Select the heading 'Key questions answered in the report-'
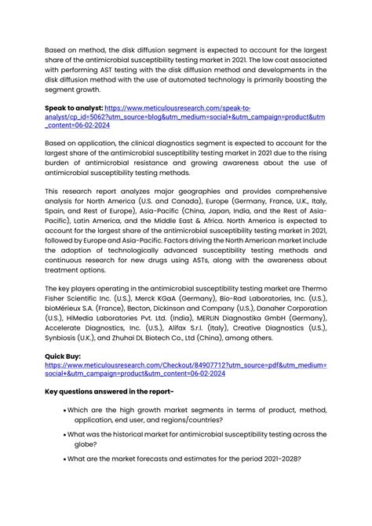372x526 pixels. tap(109, 390)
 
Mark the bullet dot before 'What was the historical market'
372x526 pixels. tap(63, 433)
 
